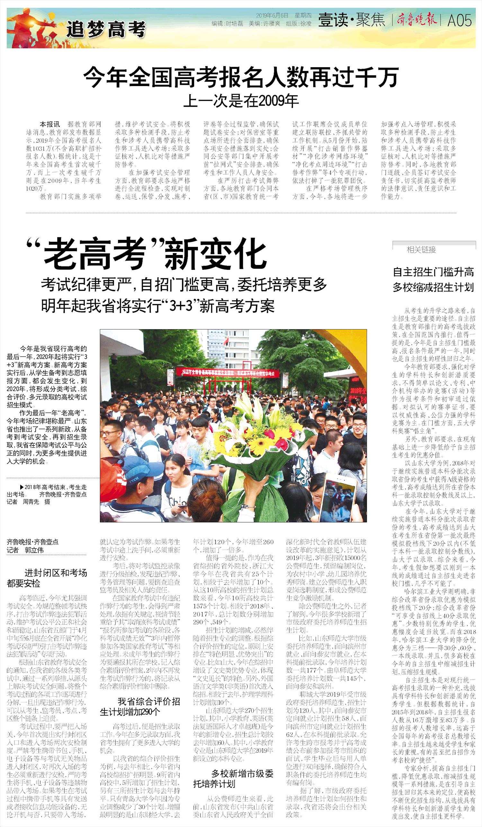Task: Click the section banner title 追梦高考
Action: coord(106,30)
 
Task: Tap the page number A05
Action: coord(460,21)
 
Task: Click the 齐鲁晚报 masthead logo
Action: coord(417,20)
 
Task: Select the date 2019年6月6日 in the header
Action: coord(272,15)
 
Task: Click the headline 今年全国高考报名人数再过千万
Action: coord(241,77)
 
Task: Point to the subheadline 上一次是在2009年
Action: coord(241,101)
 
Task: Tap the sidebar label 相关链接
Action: coord(421,250)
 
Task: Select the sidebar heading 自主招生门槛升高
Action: coord(433,272)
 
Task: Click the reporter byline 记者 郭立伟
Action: coord(25,550)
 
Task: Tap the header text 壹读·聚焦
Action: coord(351,20)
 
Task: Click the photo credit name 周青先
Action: coord(31,502)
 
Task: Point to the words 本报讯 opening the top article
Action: coord(49,124)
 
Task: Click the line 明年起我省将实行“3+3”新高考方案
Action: coord(157,306)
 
